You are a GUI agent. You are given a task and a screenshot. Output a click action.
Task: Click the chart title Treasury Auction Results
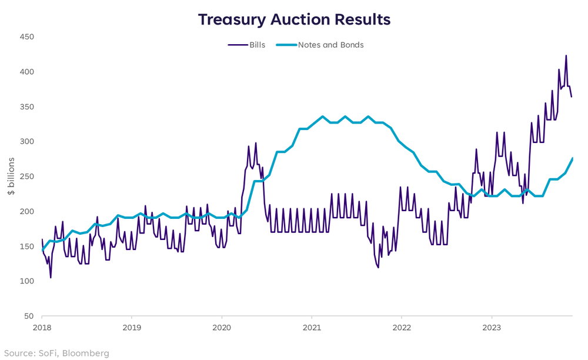click(294, 19)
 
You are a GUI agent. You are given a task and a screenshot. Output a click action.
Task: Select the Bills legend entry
click(246, 45)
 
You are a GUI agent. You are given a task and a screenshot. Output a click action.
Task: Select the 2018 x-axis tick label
click(42, 327)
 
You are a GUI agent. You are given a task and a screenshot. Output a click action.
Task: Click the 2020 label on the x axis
click(222, 327)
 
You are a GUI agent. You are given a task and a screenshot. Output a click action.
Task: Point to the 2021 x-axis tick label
click(312, 327)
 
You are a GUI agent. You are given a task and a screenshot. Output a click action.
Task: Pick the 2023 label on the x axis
click(491, 327)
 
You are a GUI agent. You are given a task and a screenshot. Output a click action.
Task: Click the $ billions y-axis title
click(11, 176)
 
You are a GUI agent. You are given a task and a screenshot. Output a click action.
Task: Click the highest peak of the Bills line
click(566, 56)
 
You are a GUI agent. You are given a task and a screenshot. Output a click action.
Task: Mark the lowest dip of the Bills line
click(51, 277)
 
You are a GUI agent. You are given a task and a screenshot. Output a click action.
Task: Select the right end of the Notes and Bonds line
click(572, 158)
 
